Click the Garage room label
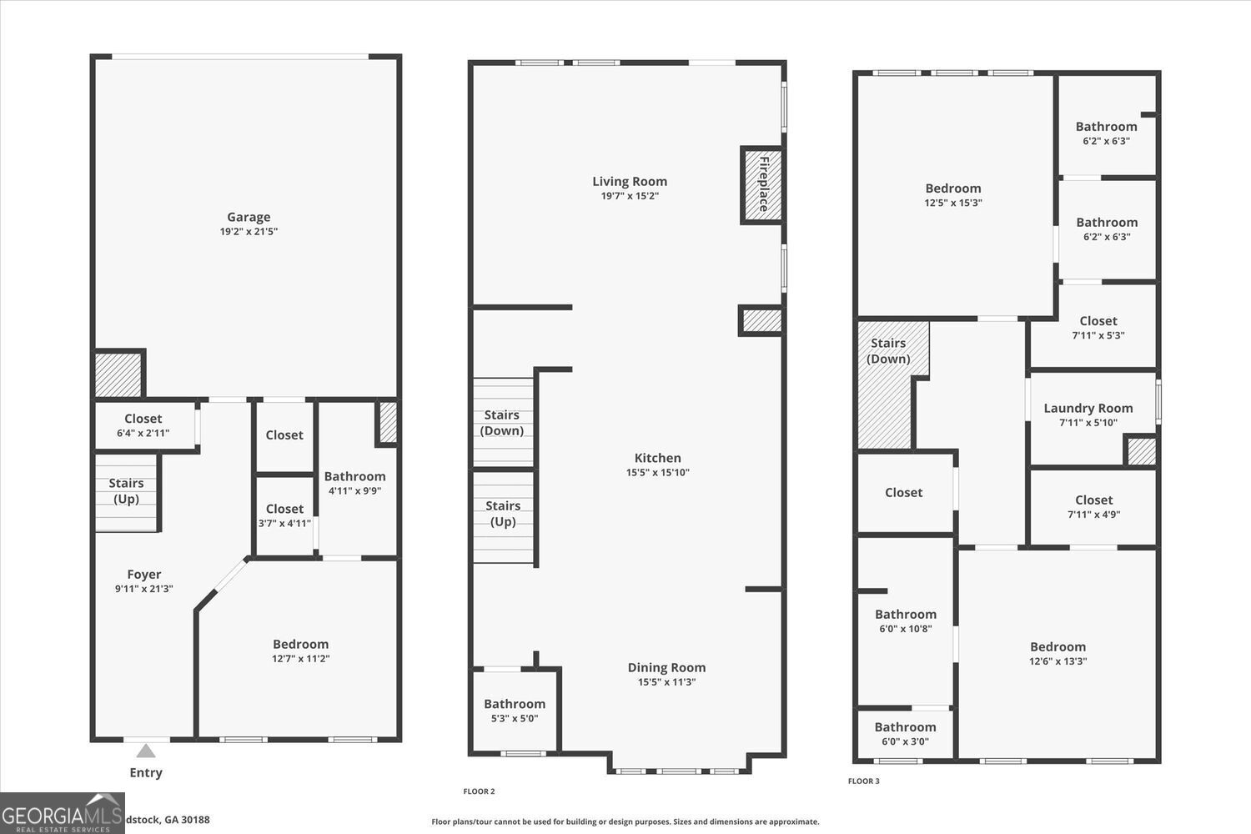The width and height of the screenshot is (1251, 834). click(x=249, y=218)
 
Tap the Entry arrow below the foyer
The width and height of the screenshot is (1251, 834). click(x=146, y=751)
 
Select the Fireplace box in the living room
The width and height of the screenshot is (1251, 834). click(x=762, y=184)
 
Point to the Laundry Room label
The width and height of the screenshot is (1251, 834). click(x=1088, y=408)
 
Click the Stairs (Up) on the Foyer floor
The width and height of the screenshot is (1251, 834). click(x=126, y=491)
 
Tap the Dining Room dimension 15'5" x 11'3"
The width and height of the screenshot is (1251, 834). click(x=666, y=682)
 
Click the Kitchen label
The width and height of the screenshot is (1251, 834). click(x=657, y=458)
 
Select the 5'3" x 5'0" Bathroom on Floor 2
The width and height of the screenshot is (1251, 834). click(x=515, y=710)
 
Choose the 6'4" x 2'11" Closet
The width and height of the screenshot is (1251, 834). click(x=143, y=425)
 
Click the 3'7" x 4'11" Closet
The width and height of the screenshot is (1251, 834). click(x=284, y=515)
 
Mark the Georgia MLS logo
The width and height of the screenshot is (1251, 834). click(x=63, y=814)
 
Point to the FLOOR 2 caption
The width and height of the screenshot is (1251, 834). click(x=479, y=791)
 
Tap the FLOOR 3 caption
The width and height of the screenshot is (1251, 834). click(x=863, y=781)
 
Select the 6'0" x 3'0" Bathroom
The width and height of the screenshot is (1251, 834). click(x=905, y=734)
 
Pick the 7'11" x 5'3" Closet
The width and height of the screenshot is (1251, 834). click(x=1098, y=327)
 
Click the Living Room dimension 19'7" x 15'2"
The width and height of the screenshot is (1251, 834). click(x=630, y=196)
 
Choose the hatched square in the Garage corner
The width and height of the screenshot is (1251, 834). click(x=118, y=374)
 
